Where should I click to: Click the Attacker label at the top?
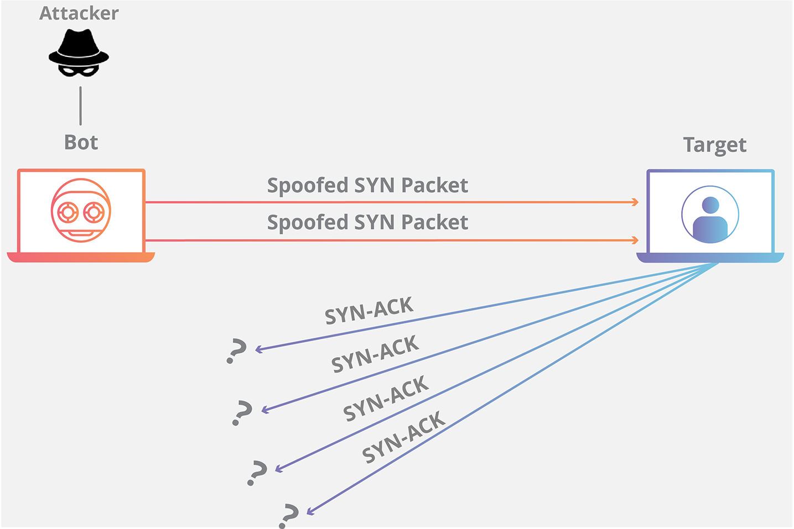point(79,13)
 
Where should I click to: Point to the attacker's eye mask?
point(79,71)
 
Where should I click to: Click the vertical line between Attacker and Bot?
point(81,106)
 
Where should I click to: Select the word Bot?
point(81,143)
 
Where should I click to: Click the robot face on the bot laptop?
point(81,211)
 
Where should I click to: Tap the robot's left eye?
point(68,211)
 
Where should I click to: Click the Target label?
point(714,145)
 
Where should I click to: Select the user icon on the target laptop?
point(710,214)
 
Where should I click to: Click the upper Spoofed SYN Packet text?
point(367,186)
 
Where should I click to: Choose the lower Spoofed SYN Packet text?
point(367,223)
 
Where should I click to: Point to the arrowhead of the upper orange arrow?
point(636,202)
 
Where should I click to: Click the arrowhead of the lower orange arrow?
point(636,240)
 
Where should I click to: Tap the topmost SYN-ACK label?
point(369,311)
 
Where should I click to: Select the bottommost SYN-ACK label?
point(403,437)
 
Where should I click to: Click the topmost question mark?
point(237,352)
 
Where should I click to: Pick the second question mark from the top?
point(242,413)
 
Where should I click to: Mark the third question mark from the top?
point(257,473)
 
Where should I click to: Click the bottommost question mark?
point(289,515)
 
